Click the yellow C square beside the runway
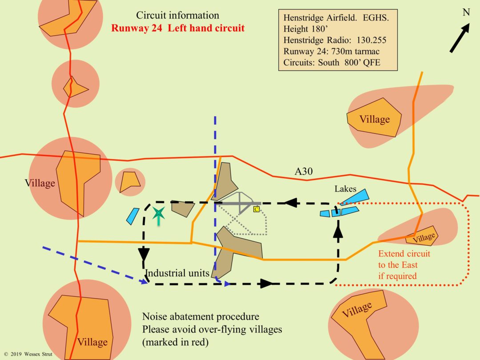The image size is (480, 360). pyautogui.click(x=256, y=209)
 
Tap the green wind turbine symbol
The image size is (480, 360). pyautogui.click(x=159, y=215)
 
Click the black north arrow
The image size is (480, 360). pyautogui.click(x=460, y=38)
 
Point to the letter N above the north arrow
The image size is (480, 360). pyautogui.click(x=466, y=12)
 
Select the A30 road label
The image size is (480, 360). pyautogui.click(x=304, y=172)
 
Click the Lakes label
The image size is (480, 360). pyautogui.click(x=345, y=189)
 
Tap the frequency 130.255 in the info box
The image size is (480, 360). pyautogui.click(x=371, y=40)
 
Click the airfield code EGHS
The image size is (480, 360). pyautogui.click(x=376, y=18)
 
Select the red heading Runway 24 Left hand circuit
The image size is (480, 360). pyautogui.click(x=178, y=28)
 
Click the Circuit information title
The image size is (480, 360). pyautogui.click(x=177, y=15)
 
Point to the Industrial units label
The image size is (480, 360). pyautogui.click(x=177, y=273)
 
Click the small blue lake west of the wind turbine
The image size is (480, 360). pyautogui.click(x=133, y=216)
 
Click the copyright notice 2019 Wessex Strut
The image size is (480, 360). pyautogui.click(x=28, y=354)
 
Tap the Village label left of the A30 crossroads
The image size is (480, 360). pyautogui.click(x=40, y=183)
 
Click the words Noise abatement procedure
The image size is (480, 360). pyautogui.click(x=200, y=316)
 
